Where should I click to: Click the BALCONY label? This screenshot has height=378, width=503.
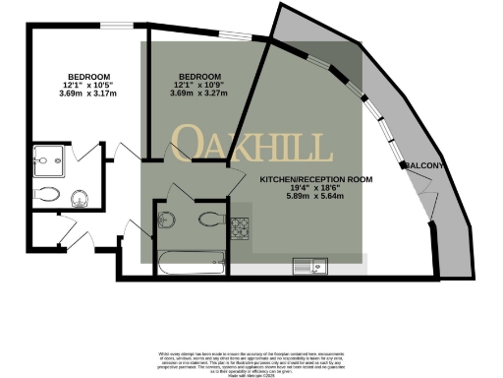425,165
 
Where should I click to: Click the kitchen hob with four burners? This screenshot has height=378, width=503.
241,227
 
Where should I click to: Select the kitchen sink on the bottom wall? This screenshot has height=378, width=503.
313,263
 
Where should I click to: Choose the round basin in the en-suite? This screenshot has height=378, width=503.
81,198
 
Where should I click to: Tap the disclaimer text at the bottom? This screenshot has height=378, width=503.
251,359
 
